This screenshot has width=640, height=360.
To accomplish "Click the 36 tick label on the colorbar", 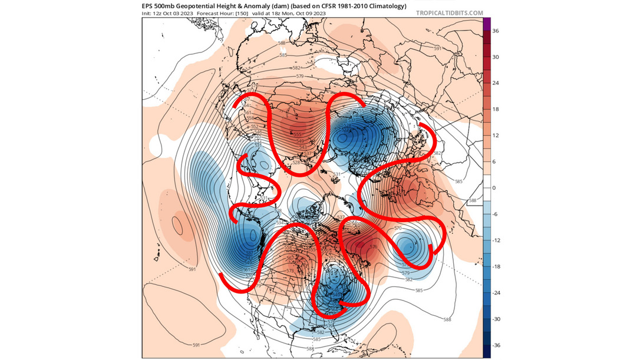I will pyautogui.click(x=496, y=31).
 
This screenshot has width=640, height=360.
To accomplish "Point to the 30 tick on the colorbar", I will pyautogui.click(x=496, y=57).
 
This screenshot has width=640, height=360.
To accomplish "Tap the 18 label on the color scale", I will pyautogui.click(x=496, y=109).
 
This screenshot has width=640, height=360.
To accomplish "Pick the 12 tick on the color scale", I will pyautogui.click(x=496, y=136).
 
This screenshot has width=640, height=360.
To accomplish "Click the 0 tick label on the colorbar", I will pyautogui.click(x=494, y=187).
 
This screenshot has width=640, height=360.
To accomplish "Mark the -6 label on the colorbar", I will pyautogui.click(x=496, y=214).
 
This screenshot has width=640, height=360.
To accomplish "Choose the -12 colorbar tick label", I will pyautogui.click(x=497, y=240).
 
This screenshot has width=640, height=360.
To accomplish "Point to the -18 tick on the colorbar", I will pyautogui.click(x=497, y=266).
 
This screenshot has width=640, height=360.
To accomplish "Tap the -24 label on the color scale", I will pyautogui.click(x=497, y=292).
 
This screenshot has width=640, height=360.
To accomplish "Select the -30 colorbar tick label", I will pyautogui.click(x=497, y=319).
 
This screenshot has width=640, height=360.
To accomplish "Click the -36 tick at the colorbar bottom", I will pyautogui.click(x=497, y=345).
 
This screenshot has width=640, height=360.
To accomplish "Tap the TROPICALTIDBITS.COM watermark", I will pyautogui.click(x=450, y=12).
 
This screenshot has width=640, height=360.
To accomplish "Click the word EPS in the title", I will pyautogui.click(x=149, y=6).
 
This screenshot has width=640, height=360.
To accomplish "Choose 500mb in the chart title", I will pyautogui.click(x=170, y=6).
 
